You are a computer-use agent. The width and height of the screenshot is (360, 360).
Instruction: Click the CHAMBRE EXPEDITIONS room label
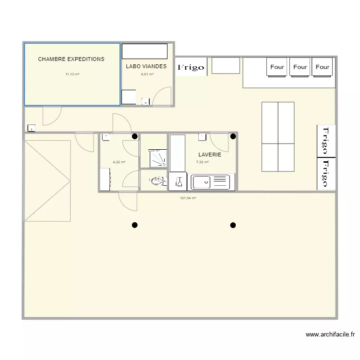[71, 60]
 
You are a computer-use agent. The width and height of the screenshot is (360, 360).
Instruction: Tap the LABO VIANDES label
[146, 66]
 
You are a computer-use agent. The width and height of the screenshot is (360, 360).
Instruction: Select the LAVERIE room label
[210, 155]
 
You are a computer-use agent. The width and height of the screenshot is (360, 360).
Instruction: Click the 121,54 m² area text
[188, 198]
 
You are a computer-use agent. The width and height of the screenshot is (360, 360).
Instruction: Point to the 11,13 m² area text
[72, 74]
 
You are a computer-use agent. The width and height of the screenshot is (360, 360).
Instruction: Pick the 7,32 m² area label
[202, 162]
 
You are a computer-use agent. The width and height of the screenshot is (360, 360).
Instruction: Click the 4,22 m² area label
[119, 162]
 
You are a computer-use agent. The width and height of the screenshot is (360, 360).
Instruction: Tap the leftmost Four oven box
[277, 67]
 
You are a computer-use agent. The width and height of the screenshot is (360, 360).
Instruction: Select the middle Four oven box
[300, 67]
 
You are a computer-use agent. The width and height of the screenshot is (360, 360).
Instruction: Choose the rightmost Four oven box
[323, 67]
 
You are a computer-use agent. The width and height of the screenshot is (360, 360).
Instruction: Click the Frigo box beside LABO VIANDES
[191, 68]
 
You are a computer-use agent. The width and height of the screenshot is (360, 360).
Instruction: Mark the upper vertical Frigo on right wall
[326, 140]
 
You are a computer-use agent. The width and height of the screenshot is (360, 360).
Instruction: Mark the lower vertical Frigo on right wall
[326, 173]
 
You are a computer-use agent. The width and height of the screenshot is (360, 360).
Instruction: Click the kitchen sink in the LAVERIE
[211, 182]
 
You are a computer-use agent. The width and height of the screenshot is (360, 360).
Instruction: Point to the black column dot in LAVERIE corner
[233, 136]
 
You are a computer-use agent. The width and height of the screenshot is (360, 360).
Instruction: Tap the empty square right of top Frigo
[226, 65]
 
